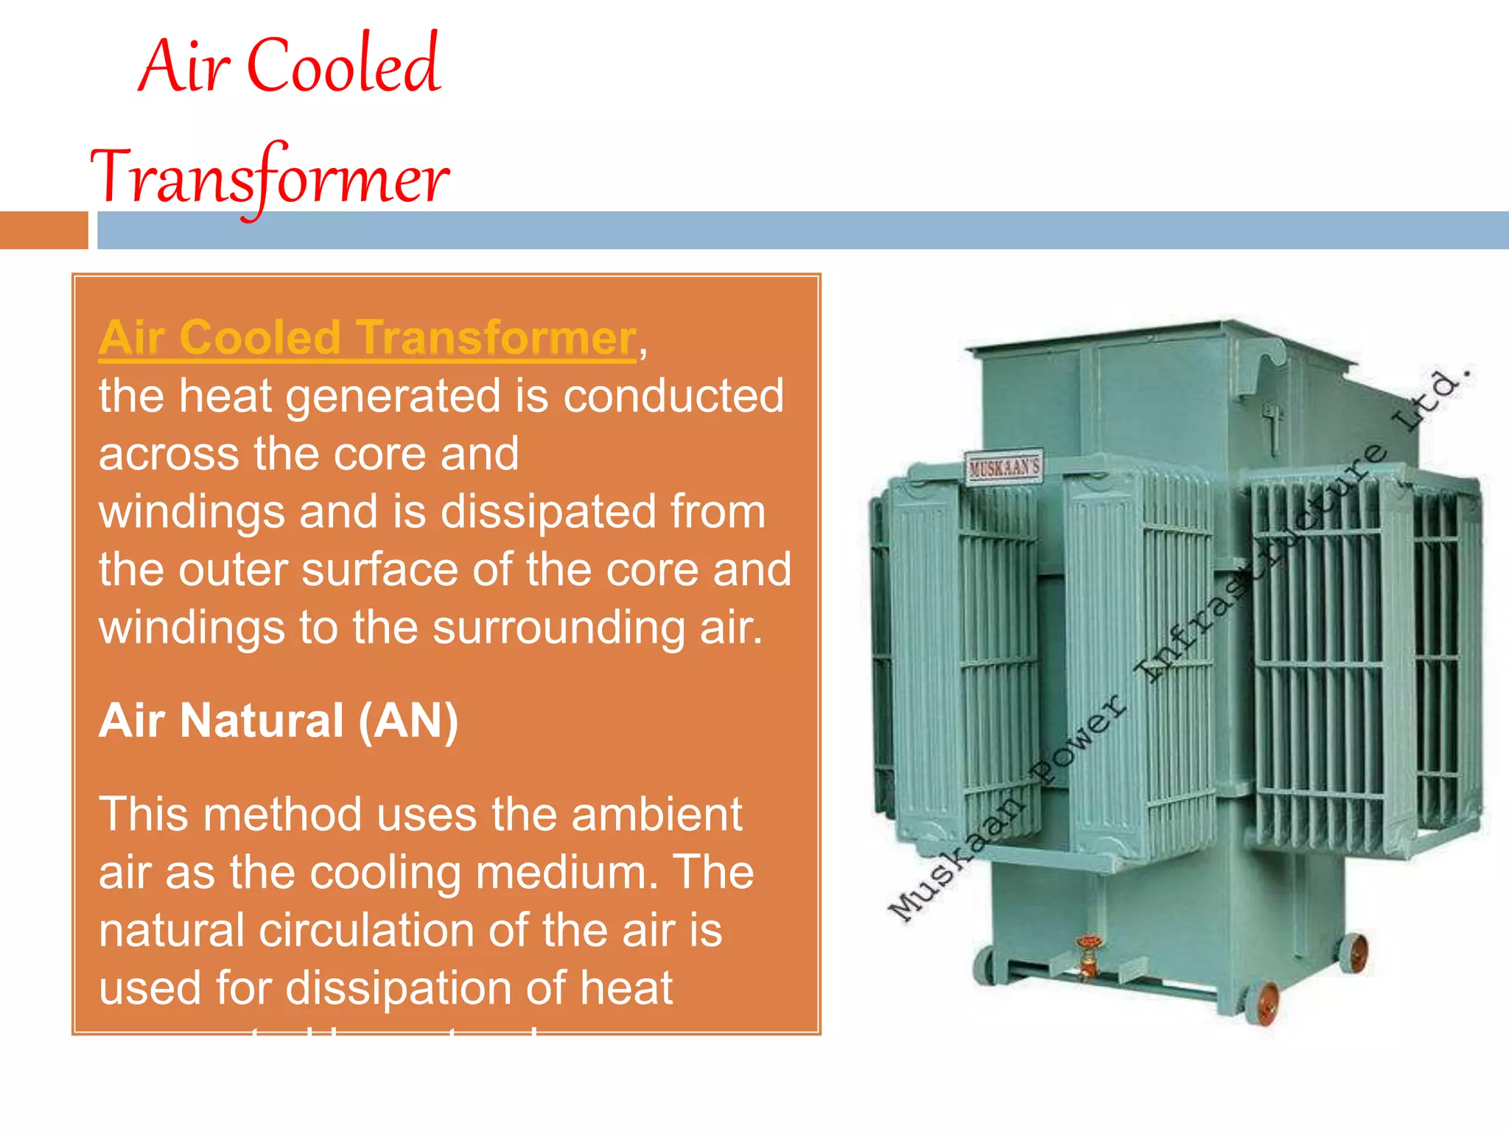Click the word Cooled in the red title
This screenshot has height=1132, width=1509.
point(343,66)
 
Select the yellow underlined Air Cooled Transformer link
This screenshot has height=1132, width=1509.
point(367,338)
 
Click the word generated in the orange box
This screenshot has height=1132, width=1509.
point(395,396)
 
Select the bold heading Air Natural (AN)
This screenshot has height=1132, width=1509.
point(279,721)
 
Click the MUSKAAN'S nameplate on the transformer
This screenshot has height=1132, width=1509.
point(1004,467)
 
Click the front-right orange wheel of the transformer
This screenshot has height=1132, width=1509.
point(1267,1002)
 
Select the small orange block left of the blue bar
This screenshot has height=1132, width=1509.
point(43,231)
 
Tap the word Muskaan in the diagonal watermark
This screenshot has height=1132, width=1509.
point(957,859)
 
